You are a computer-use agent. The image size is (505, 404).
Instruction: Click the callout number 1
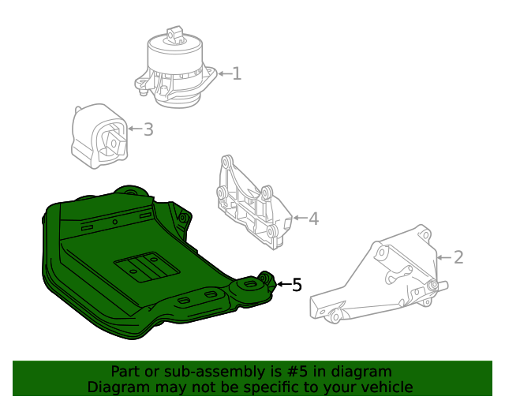click(x=237, y=73)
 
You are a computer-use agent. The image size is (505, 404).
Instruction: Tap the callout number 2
click(x=458, y=257)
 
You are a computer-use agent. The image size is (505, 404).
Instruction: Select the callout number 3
click(x=148, y=129)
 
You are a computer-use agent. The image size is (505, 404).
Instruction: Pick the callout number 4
click(x=313, y=219)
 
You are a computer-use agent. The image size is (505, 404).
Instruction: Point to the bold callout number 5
click(x=297, y=285)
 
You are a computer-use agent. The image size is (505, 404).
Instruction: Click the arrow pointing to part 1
click(x=225, y=73)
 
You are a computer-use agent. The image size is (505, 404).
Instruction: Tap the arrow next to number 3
click(x=135, y=129)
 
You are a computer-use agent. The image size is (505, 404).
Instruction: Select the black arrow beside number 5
click(x=284, y=284)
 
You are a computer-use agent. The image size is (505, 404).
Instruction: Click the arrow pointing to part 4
click(x=300, y=218)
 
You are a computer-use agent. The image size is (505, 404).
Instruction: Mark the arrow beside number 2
click(x=444, y=257)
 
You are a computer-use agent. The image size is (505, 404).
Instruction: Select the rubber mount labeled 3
click(x=99, y=137)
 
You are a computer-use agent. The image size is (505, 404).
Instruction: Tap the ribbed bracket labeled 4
click(x=254, y=203)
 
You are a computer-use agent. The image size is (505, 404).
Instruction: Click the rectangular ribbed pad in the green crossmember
click(x=147, y=267)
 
